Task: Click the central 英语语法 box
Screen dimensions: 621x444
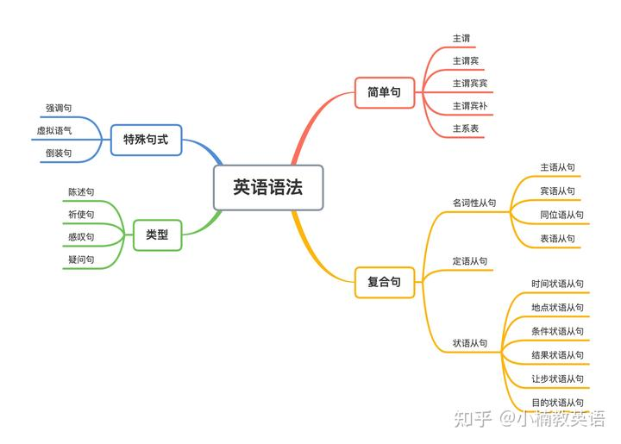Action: [x=268, y=187]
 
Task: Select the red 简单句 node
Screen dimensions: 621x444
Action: [x=384, y=92]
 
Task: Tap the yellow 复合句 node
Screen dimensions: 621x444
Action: [x=384, y=282]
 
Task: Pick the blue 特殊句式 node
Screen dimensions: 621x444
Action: [x=146, y=140]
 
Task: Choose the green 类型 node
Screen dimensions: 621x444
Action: [x=157, y=235]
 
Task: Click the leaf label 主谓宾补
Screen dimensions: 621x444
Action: [x=470, y=106]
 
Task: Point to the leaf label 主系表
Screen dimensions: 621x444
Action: [x=466, y=128]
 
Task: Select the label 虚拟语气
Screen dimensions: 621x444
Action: [x=54, y=130]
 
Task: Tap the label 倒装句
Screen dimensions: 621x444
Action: [x=59, y=153]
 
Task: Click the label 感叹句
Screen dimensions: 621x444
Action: [x=81, y=237]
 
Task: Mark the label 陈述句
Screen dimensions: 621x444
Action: [x=81, y=192]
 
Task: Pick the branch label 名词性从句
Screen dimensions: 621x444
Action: [x=474, y=203]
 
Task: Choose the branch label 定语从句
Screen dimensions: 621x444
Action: [x=470, y=261]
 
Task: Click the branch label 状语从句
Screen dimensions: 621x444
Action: [x=470, y=343]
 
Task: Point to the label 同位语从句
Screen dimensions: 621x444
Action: [x=561, y=215]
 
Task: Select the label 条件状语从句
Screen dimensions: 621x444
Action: [x=557, y=331]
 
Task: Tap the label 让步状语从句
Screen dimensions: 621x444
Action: [x=557, y=378]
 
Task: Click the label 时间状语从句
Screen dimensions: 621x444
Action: [x=557, y=284]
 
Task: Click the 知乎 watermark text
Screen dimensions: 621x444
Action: [x=473, y=419]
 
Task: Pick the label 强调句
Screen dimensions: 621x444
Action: [x=59, y=108]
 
